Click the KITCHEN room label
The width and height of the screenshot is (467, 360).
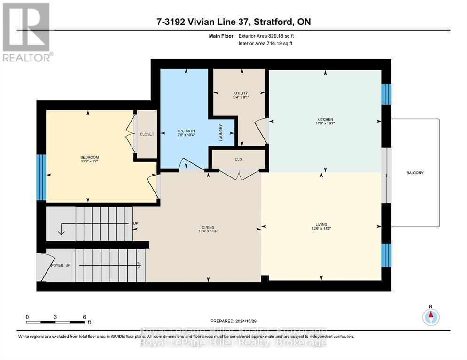[x=325, y=119]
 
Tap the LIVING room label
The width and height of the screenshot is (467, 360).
[x=321, y=224]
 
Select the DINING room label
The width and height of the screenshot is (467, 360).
[x=208, y=227]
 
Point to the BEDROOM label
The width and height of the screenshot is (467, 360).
[x=89, y=157]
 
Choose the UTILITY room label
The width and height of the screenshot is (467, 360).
[x=241, y=93]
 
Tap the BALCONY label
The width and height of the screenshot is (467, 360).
[x=415, y=173]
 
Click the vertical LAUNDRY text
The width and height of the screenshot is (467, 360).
[x=220, y=132]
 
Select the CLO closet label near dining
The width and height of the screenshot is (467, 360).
[x=238, y=159]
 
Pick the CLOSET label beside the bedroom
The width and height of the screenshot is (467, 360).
[x=147, y=134]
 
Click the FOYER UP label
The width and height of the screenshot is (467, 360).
[x=61, y=265]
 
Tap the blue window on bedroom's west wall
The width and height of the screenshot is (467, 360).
[x=41, y=177]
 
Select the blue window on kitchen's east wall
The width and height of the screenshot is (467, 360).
[x=386, y=94]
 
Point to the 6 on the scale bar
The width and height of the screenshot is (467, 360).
[x=84, y=317]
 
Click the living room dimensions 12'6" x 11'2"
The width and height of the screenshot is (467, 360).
[x=321, y=229]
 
